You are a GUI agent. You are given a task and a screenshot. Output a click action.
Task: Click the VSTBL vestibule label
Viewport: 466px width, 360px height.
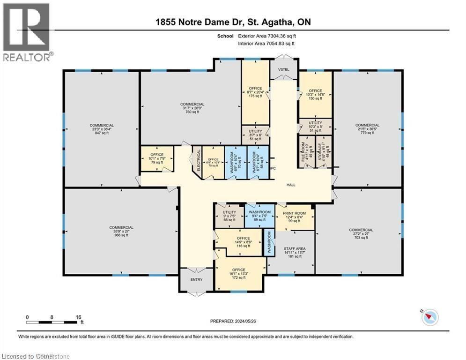click(284, 69)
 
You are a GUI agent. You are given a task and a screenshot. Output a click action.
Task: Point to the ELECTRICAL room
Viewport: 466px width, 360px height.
click(198, 161)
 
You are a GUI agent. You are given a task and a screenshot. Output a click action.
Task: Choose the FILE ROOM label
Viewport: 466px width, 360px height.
click(305, 151)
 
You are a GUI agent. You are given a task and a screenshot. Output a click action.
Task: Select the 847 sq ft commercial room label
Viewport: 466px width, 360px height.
click(102, 129)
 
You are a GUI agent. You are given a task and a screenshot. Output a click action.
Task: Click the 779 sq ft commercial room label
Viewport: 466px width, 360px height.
click(367, 129)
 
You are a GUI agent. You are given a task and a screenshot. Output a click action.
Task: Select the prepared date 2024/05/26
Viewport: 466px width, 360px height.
click(234, 322)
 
